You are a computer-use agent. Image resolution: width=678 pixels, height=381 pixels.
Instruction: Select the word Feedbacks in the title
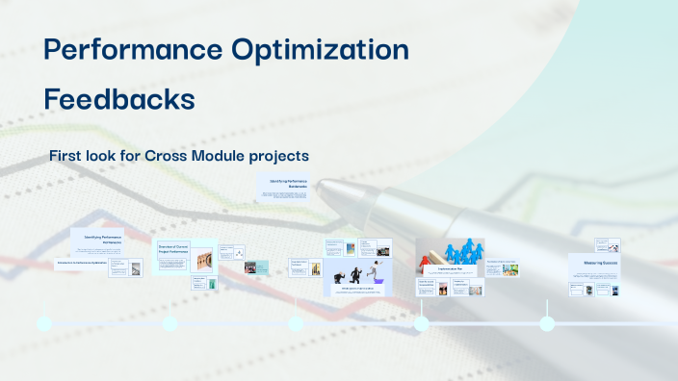pos(119,99)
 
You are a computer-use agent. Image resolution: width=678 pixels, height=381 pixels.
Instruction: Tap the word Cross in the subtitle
pos(170,155)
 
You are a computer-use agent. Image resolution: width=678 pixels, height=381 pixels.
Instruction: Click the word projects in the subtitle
pos(284,155)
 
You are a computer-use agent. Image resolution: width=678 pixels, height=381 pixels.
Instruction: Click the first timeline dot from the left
pos(44,323)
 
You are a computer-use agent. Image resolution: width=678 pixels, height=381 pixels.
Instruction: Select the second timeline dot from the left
pos(170,323)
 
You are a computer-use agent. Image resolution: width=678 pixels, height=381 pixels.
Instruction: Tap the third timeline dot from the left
pos(296,323)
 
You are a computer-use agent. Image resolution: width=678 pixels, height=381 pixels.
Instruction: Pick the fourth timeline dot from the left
pos(422,323)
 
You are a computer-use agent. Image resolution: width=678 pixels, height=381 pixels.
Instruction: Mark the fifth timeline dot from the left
pos(547,323)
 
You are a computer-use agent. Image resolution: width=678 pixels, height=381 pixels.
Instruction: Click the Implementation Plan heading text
pos(450,270)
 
